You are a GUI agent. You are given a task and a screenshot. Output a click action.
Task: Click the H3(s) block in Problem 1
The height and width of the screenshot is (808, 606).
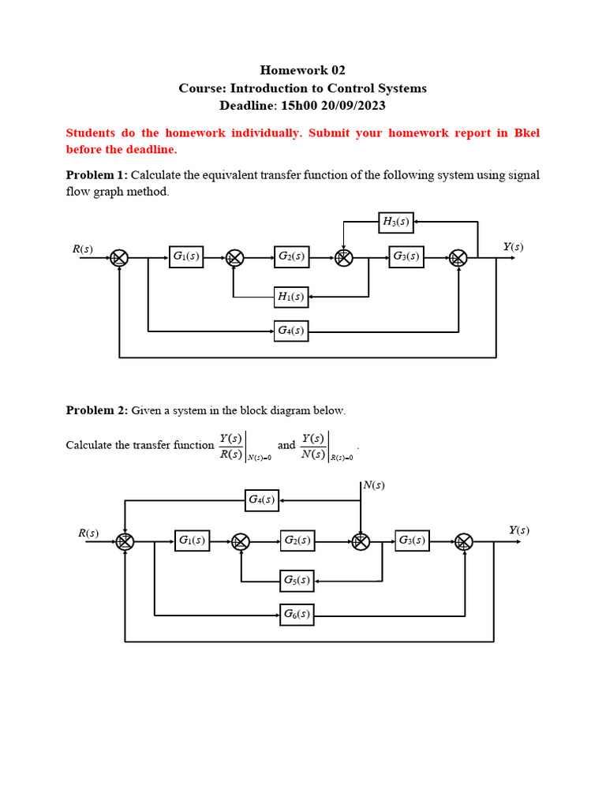[x=396, y=222]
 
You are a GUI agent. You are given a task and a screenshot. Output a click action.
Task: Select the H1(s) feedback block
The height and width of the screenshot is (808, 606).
[x=290, y=297]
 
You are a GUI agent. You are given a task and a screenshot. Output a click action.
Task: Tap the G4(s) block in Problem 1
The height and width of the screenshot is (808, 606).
[x=290, y=331]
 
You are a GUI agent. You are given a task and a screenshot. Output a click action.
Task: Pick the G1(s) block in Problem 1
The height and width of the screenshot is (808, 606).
[x=186, y=256]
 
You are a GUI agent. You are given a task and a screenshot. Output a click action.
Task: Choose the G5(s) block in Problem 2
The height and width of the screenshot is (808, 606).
[x=297, y=581]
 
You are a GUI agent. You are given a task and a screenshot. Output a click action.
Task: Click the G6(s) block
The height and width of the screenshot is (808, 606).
[x=297, y=614]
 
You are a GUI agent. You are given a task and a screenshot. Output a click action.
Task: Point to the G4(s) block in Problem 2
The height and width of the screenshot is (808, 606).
[x=261, y=499]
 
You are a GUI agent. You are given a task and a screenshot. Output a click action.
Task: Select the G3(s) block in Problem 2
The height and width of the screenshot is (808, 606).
[x=412, y=541]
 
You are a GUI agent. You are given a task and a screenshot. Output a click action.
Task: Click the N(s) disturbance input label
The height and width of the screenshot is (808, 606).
[x=374, y=484]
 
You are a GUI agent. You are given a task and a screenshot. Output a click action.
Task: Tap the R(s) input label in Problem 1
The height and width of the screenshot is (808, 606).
[x=82, y=249]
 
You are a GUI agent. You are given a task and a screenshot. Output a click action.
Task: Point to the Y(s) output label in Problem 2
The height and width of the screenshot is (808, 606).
[x=518, y=530]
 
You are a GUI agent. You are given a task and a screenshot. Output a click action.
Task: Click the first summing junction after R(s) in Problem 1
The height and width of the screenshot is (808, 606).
[x=119, y=257]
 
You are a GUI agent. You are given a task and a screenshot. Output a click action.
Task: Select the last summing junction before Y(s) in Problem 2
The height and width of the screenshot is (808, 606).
[x=464, y=541]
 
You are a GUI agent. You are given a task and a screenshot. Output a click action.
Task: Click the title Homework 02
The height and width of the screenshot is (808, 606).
[x=303, y=70]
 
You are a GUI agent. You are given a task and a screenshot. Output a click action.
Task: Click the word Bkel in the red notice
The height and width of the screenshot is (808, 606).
[x=526, y=133]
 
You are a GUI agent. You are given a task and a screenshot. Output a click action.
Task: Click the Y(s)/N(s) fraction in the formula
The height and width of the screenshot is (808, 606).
[x=314, y=446]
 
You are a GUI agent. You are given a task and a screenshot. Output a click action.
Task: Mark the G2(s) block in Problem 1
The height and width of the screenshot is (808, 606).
[x=291, y=256]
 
